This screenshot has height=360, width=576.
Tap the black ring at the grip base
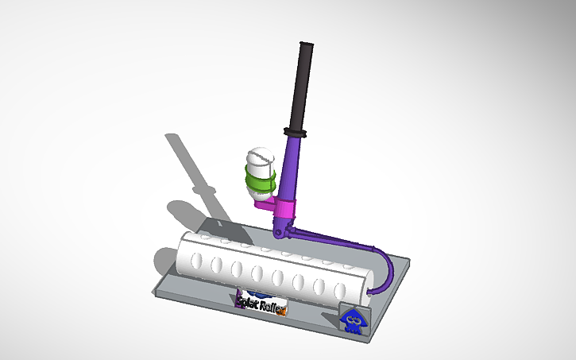click(295, 130)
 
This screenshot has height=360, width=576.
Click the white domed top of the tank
click(259, 156)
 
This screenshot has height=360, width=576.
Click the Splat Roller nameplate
click(260, 304)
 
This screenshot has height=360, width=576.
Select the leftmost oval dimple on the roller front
click(196, 261)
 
